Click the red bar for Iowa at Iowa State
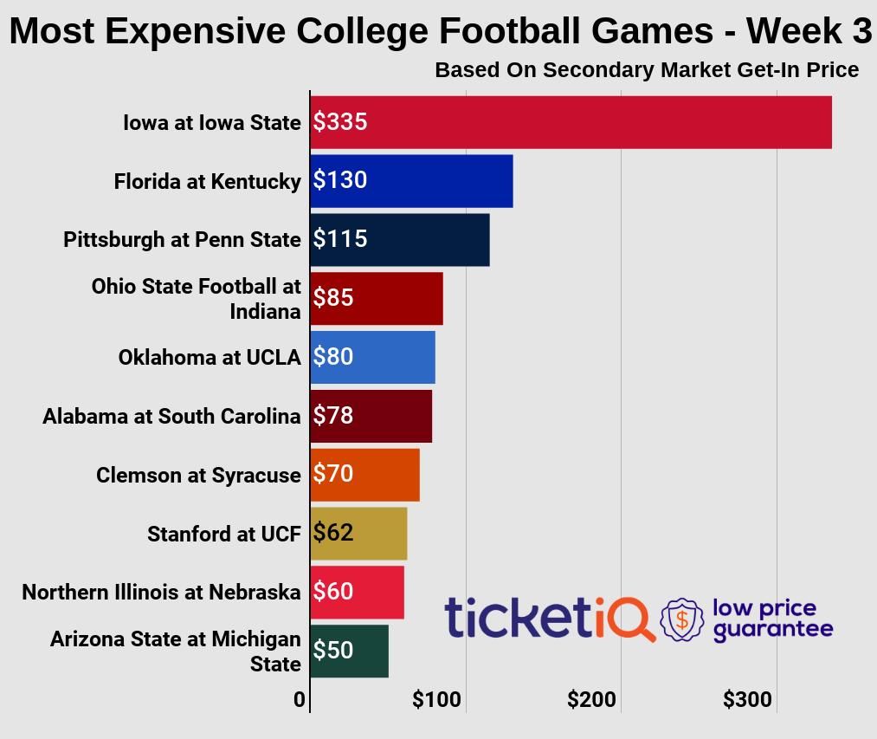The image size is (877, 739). tap(571, 122)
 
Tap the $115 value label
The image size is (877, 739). tap(340, 239)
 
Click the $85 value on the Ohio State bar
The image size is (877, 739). tap(333, 298)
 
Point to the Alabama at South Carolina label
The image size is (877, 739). tap(171, 417)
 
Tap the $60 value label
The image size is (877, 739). tap(333, 592)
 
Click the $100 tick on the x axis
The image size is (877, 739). tap(436, 700)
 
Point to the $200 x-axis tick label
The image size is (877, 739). tap(592, 700)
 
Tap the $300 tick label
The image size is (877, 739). tap(747, 700)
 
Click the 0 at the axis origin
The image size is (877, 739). tap(300, 700)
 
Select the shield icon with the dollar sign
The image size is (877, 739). tap(682, 619)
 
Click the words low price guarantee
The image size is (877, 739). tap(772, 619)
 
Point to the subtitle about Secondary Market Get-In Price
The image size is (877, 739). tap(647, 70)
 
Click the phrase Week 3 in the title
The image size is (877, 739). tap(809, 31)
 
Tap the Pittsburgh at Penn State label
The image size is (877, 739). tap(182, 240)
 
